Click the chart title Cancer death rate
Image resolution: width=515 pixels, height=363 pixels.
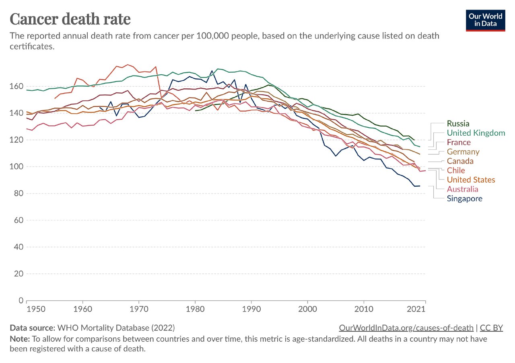coord(70,19)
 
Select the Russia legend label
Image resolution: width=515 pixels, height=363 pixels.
coord(458,124)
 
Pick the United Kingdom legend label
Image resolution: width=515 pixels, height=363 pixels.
coord(476,133)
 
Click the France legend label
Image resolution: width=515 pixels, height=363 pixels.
coord(458,143)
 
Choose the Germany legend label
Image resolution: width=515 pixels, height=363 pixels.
coord(463,152)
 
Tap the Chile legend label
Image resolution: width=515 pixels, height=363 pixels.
coord(456,171)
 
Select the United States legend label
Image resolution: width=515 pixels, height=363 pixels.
coord(471,180)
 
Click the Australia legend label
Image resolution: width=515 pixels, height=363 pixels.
coord(463,189)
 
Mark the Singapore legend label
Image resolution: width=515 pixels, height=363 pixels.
coord(464,199)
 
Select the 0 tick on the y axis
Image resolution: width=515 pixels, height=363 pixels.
coord(19,300)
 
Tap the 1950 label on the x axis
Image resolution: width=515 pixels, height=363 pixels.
coord(27,309)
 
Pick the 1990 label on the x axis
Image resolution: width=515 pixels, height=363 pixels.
coord(251,309)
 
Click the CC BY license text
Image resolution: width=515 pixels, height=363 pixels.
coord(492,328)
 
